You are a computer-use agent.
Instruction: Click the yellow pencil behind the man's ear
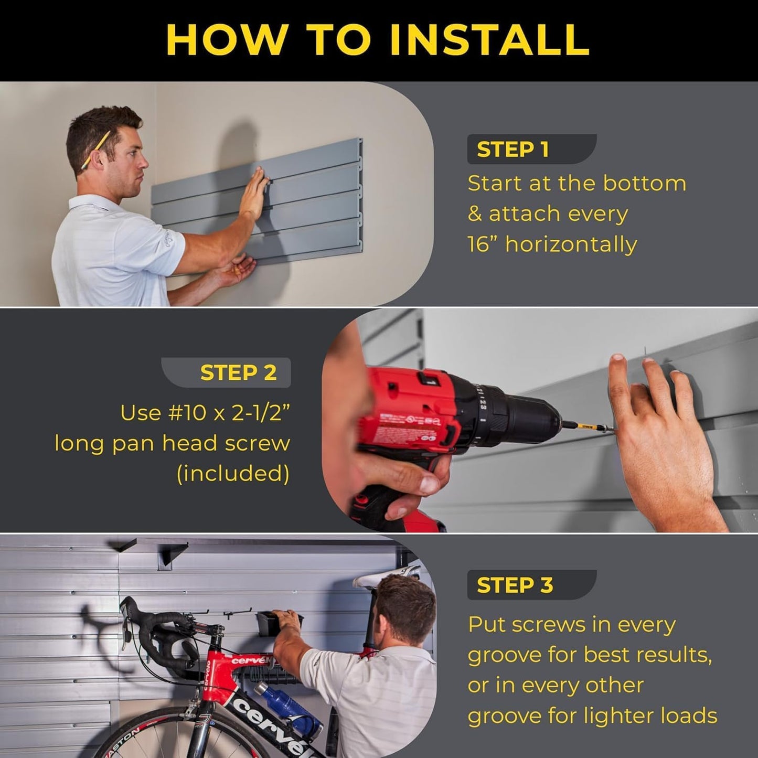[x=95, y=149]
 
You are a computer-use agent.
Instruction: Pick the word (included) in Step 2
[x=233, y=474]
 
